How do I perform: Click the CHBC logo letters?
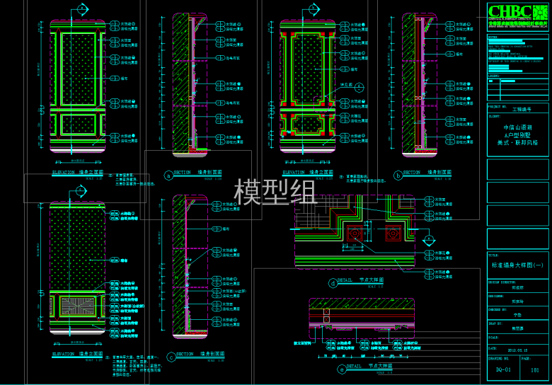pyautogui.click(x=510, y=11)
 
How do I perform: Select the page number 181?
pyautogui.click(x=535, y=369)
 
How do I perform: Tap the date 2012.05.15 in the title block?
pyautogui.click(x=517, y=349)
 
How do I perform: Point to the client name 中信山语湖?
pyautogui.click(x=517, y=127)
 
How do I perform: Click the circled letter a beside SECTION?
pyautogui.click(x=168, y=173)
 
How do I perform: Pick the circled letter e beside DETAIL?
pyautogui.click(x=343, y=367)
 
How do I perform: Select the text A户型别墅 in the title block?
pyautogui.click(x=517, y=134)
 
